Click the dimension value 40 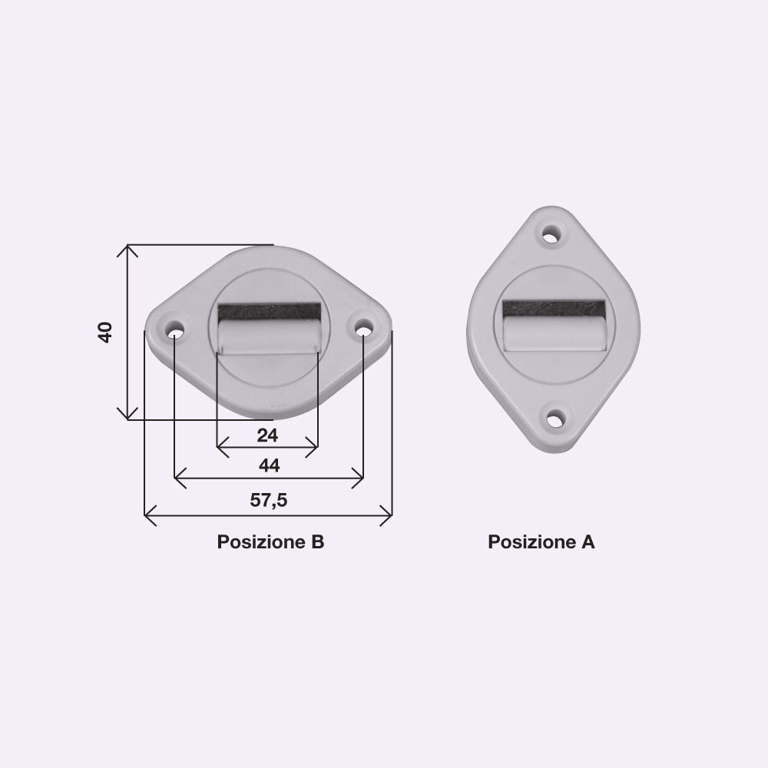(105, 333)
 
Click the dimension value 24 (267, 435)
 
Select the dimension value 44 (269, 465)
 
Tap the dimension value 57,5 (268, 500)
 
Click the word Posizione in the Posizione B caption (256, 541)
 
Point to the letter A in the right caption (588, 541)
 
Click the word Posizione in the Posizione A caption (527, 541)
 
